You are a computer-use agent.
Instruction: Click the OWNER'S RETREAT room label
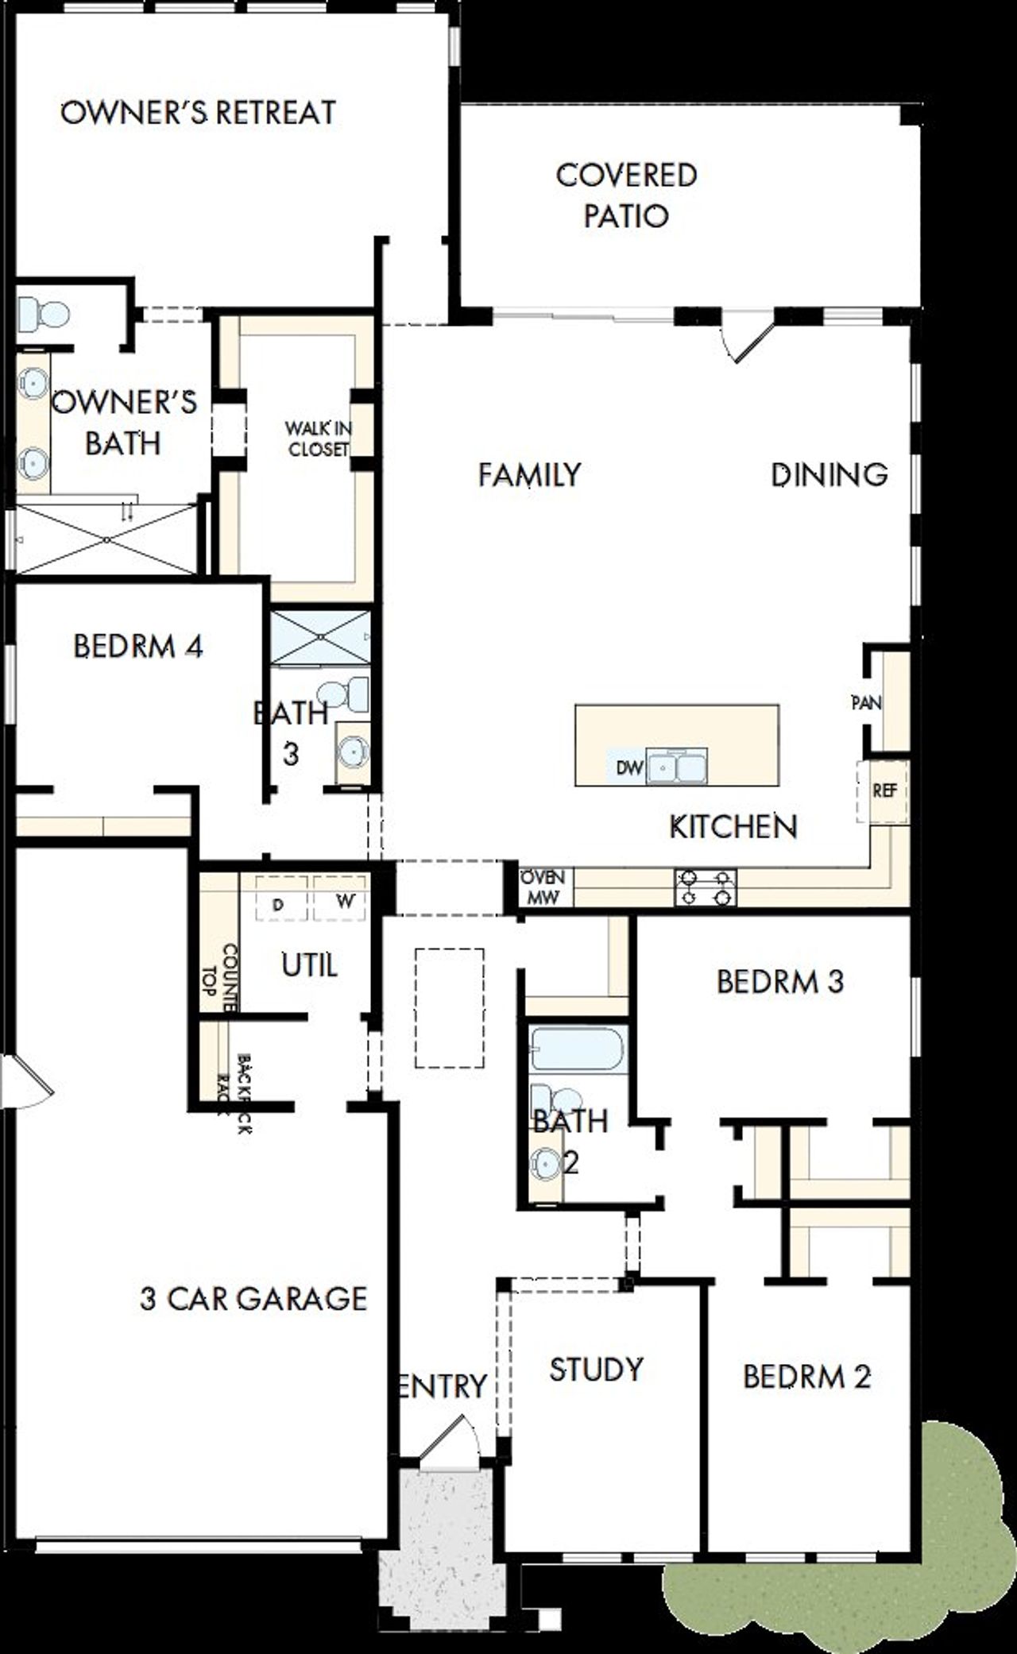coord(199,113)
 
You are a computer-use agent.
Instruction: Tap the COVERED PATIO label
coord(626,195)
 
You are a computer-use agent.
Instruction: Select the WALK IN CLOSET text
coord(318,439)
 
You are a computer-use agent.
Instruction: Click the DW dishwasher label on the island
coord(629,768)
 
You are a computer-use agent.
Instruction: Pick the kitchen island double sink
coord(677,767)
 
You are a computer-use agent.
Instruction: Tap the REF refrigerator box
coord(884,791)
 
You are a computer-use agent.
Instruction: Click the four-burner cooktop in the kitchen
coord(706,887)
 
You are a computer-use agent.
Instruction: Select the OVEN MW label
coord(543,887)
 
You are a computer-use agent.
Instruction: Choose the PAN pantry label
coord(867,703)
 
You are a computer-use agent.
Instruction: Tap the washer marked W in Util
coord(342,901)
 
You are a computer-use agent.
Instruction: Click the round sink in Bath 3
coord(351,752)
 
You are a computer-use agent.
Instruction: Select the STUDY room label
coord(596,1369)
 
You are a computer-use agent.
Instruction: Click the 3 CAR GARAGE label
coord(253,1298)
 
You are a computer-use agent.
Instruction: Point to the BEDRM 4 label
coord(138,646)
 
